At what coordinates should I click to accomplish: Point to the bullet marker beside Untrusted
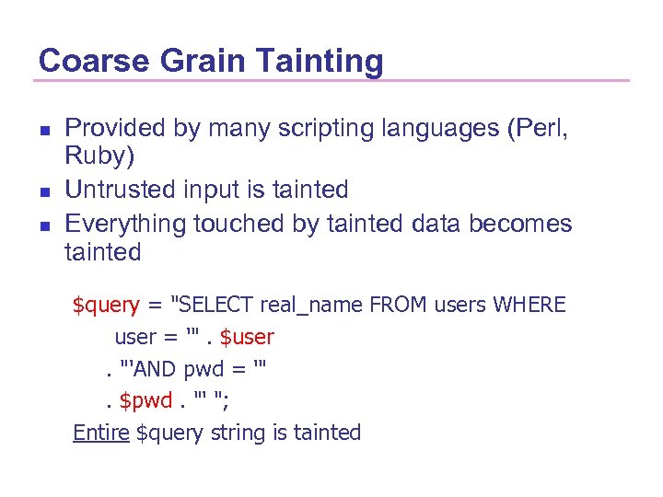42,191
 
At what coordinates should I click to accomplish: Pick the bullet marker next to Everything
42,224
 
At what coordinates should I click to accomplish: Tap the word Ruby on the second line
98,157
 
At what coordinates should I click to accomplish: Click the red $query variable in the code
106,305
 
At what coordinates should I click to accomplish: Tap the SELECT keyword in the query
220,305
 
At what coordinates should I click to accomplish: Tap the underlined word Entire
100,433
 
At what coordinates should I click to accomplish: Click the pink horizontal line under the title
331,81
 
